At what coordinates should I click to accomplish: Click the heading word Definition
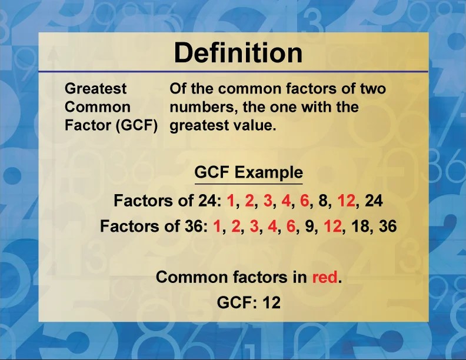click(x=238, y=52)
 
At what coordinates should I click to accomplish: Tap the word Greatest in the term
click(x=95, y=88)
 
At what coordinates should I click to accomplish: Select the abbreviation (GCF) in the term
click(x=137, y=125)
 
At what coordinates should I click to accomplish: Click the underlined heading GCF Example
click(x=249, y=172)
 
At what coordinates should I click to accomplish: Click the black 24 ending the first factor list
click(x=374, y=201)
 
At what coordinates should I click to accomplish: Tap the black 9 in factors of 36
click(x=309, y=226)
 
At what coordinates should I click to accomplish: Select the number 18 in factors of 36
click(x=360, y=226)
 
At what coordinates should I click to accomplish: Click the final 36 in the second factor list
click(x=388, y=226)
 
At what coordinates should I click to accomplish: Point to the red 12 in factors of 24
click(x=346, y=201)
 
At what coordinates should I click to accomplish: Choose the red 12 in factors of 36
click(x=333, y=226)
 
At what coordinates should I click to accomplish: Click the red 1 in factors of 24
click(x=230, y=201)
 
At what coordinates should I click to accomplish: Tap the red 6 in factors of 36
click(x=291, y=226)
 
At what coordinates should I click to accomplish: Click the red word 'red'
click(x=325, y=277)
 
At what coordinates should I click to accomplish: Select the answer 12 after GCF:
click(x=271, y=302)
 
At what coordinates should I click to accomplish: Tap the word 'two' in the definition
click(x=373, y=88)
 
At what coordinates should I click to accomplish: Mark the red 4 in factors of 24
click(x=285, y=201)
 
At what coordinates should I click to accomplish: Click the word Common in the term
click(x=98, y=107)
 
